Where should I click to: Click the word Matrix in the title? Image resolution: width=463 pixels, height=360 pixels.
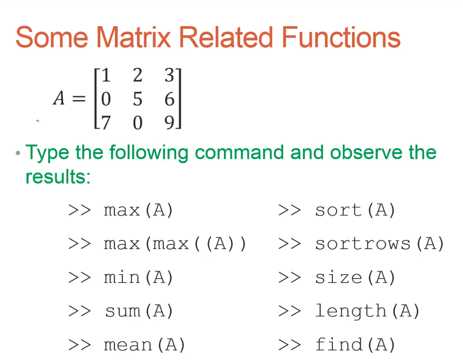tap(134, 37)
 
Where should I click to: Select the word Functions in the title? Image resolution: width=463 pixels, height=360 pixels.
tap(341, 37)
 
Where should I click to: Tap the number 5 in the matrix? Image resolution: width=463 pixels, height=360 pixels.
tap(138, 99)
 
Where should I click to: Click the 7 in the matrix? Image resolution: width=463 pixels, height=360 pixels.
tap(105, 122)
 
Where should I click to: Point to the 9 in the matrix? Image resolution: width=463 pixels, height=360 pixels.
tap(169, 122)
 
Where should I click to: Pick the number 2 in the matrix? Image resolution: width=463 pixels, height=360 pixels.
tap(138, 75)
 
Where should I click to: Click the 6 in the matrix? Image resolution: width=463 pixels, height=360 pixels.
tap(169, 99)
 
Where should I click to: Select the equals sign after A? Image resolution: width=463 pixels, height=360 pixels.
tap(79, 99)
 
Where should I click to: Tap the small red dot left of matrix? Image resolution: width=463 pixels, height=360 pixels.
tap(37, 120)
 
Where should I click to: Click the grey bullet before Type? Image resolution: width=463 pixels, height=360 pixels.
tap(18, 153)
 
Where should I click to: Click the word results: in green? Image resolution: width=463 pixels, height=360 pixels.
tap(58, 177)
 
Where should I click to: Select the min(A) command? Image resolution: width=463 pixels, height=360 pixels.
tap(138, 277)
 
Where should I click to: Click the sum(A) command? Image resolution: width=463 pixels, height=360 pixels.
tap(139, 311)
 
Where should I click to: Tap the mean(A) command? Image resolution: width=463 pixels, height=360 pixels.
tap(144, 345)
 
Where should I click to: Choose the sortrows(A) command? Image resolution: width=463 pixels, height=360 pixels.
tap(379, 244)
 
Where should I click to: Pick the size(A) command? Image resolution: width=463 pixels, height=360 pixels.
tap(355, 277)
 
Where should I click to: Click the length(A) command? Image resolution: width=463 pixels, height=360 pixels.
tap(367, 311)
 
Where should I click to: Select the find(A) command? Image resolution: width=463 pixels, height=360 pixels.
tap(355, 345)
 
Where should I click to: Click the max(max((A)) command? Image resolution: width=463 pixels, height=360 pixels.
tap(175, 244)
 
